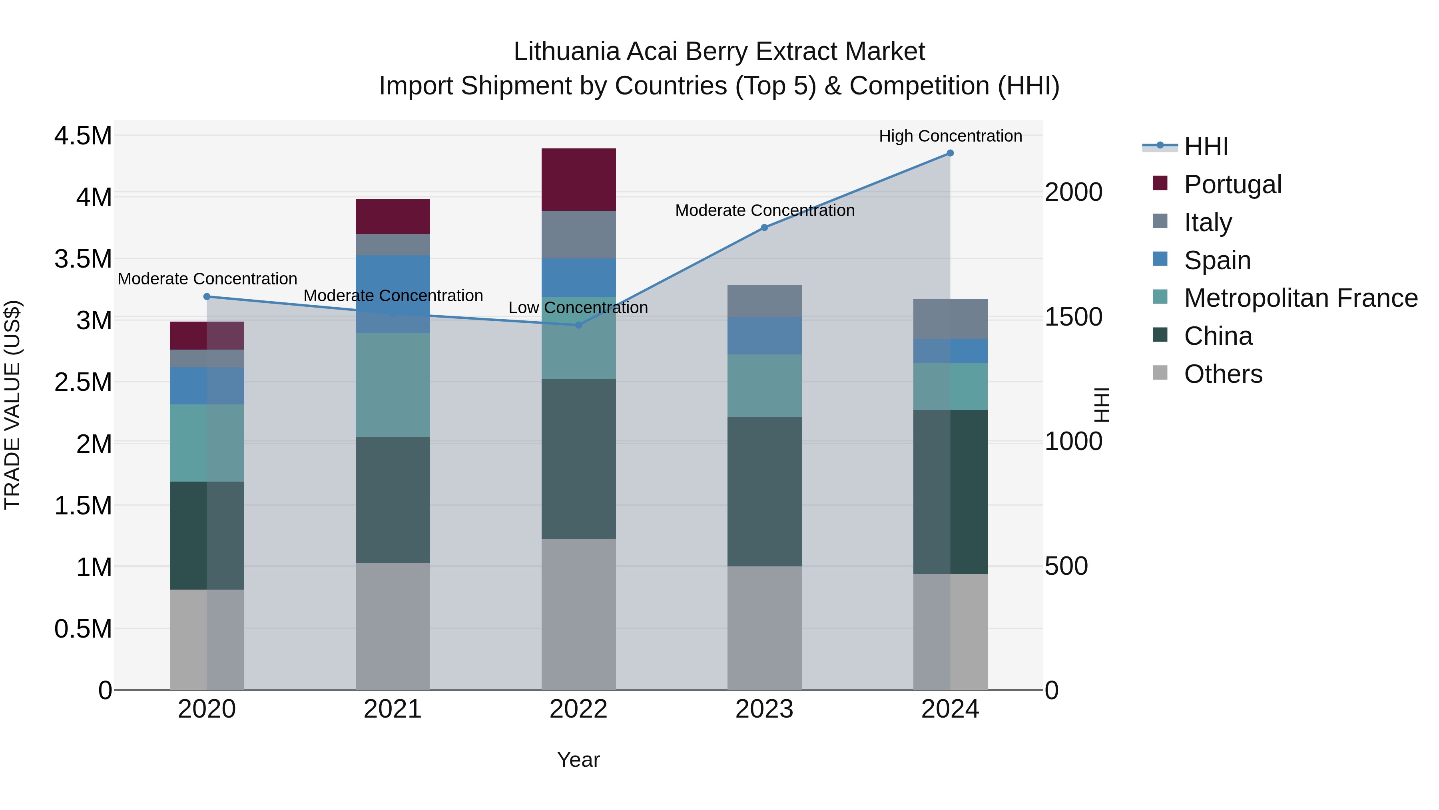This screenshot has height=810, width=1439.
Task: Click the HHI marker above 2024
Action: [950, 153]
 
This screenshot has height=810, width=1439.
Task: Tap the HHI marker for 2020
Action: [207, 296]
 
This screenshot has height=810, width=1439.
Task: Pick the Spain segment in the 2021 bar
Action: [393, 282]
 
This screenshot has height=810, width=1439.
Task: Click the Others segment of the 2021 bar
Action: [393, 626]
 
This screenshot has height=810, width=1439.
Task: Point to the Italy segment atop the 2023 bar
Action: [764, 301]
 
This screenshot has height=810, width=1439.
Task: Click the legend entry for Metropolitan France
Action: [1300, 298]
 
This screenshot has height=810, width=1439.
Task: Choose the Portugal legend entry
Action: [1232, 184]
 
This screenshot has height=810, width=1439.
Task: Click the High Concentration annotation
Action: [950, 136]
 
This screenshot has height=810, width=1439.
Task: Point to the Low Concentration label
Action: [578, 308]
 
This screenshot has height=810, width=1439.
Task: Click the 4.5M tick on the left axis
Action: [83, 136]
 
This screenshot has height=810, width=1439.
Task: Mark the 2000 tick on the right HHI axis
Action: [1073, 192]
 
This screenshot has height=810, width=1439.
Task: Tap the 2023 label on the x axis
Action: [764, 709]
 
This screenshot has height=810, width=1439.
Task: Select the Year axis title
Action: [578, 760]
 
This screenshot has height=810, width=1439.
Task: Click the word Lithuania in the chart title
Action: [566, 52]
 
